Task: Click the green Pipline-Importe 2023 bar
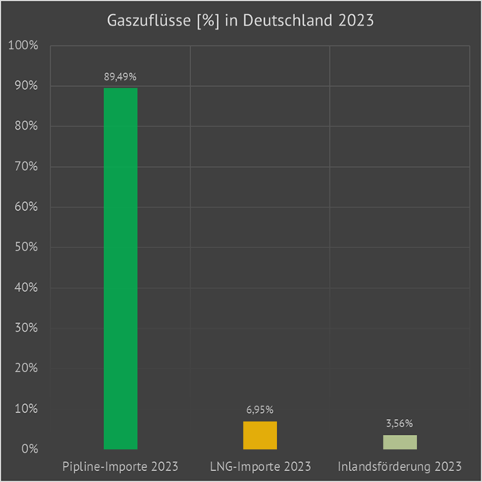point(120,268)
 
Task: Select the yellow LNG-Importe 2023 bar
point(260,435)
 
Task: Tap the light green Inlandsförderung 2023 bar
point(399,442)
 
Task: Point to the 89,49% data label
point(120,77)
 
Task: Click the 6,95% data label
point(260,410)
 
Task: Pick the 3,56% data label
point(399,424)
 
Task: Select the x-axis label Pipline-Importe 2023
point(120,465)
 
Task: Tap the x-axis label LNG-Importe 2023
point(260,465)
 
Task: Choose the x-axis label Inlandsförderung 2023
point(399,465)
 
